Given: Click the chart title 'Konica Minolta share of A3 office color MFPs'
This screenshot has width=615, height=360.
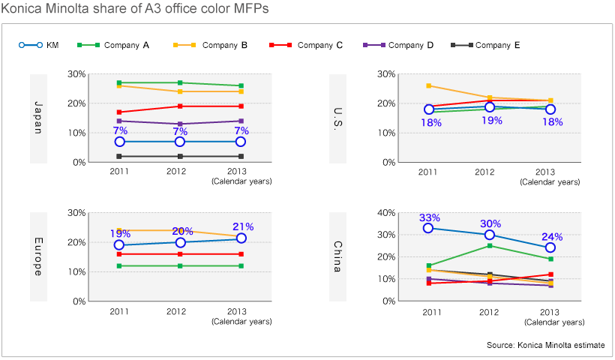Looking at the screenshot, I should [134, 9].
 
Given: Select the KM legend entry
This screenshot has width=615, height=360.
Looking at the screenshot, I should [42, 45].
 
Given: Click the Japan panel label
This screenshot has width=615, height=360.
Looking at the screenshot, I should [37, 118].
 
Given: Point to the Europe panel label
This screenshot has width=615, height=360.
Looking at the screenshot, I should [37, 256].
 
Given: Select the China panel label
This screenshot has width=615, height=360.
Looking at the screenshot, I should [337, 256].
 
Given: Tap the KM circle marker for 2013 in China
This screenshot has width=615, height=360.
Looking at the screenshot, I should [550, 247].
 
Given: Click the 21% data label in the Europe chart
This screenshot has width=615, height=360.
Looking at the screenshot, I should [242, 226].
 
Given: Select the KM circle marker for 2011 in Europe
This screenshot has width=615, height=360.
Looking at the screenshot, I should [119, 245].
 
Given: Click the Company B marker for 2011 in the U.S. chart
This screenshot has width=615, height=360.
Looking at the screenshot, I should [429, 85].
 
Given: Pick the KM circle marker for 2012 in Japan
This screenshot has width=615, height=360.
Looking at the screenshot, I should [180, 142].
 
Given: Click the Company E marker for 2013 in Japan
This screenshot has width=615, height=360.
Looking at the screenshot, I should [241, 156].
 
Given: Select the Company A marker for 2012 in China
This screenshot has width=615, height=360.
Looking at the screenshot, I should [490, 245].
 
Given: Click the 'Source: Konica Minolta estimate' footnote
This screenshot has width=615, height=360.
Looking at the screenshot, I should [545, 345].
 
